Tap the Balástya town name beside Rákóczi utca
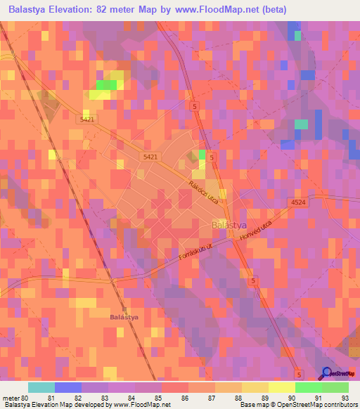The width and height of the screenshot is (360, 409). pyautogui.click(x=229, y=225)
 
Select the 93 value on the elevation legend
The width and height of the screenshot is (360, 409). pyautogui.click(x=345, y=397)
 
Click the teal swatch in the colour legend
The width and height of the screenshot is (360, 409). pyautogui.click(x=41, y=387)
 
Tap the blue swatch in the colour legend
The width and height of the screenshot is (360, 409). pyautogui.click(x=68, y=387)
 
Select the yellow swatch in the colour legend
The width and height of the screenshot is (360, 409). pyautogui.click(x=282, y=387)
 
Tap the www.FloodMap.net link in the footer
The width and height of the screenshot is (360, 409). pyautogui.click(x=141, y=405)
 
